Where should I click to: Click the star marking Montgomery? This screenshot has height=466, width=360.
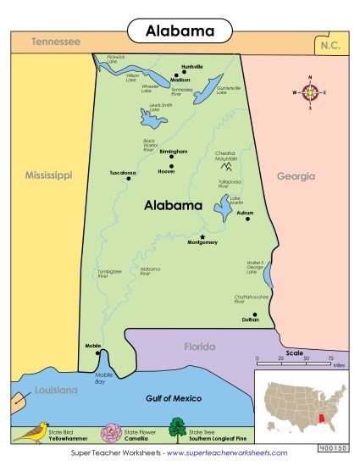(x=202, y=236)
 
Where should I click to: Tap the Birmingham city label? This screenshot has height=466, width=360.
(x=172, y=151)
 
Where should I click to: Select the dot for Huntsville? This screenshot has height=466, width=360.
(x=184, y=73)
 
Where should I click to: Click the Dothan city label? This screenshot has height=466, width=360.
(x=250, y=319)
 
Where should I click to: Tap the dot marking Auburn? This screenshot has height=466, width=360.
(x=247, y=219)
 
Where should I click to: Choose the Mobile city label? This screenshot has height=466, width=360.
(x=93, y=346)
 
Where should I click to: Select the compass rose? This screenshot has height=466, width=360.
(x=310, y=93)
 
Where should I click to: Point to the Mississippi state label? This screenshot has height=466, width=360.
(x=48, y=175)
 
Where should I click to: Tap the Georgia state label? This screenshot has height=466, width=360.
(x=296, y=176)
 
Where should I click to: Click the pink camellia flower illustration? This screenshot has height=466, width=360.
(x=113, y=432)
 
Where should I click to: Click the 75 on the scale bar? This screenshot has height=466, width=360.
(x=330, y=359)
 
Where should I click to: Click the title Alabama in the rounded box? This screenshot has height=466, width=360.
(x=180, y=31)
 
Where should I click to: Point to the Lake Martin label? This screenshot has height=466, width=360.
(x=235, y=201)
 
